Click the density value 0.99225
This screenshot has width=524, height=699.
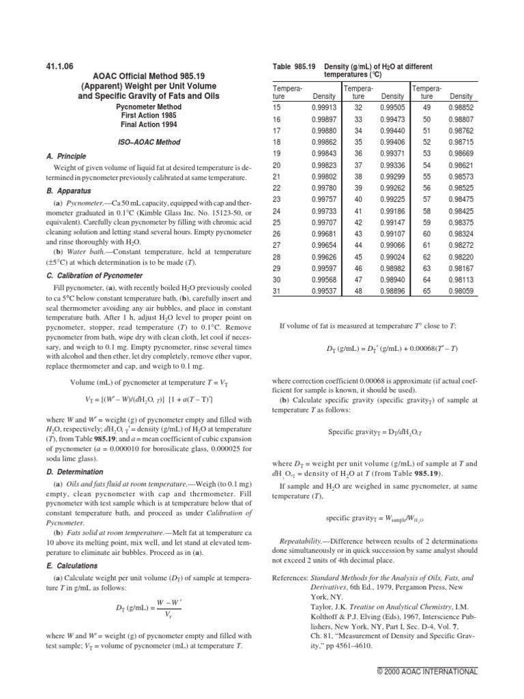pos(392,199)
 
